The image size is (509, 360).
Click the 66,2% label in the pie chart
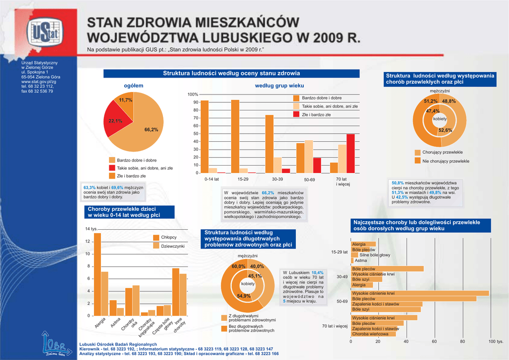pos(151,130)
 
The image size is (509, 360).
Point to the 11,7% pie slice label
pos(126,100)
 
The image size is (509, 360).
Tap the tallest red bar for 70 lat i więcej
pos(350,154)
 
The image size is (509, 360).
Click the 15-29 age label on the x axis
pos(243,179)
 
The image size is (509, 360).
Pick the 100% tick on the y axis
pos(193,94)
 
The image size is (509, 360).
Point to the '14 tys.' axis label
pos(90,229)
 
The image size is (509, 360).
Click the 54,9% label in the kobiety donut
pos(244,296)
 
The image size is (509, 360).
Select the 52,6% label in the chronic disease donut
pos(445,130)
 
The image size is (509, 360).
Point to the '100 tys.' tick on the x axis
pos(496,342)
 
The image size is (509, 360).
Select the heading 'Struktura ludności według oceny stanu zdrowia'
pos(231,74)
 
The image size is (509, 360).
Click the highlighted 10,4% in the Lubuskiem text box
pos(318,272)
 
